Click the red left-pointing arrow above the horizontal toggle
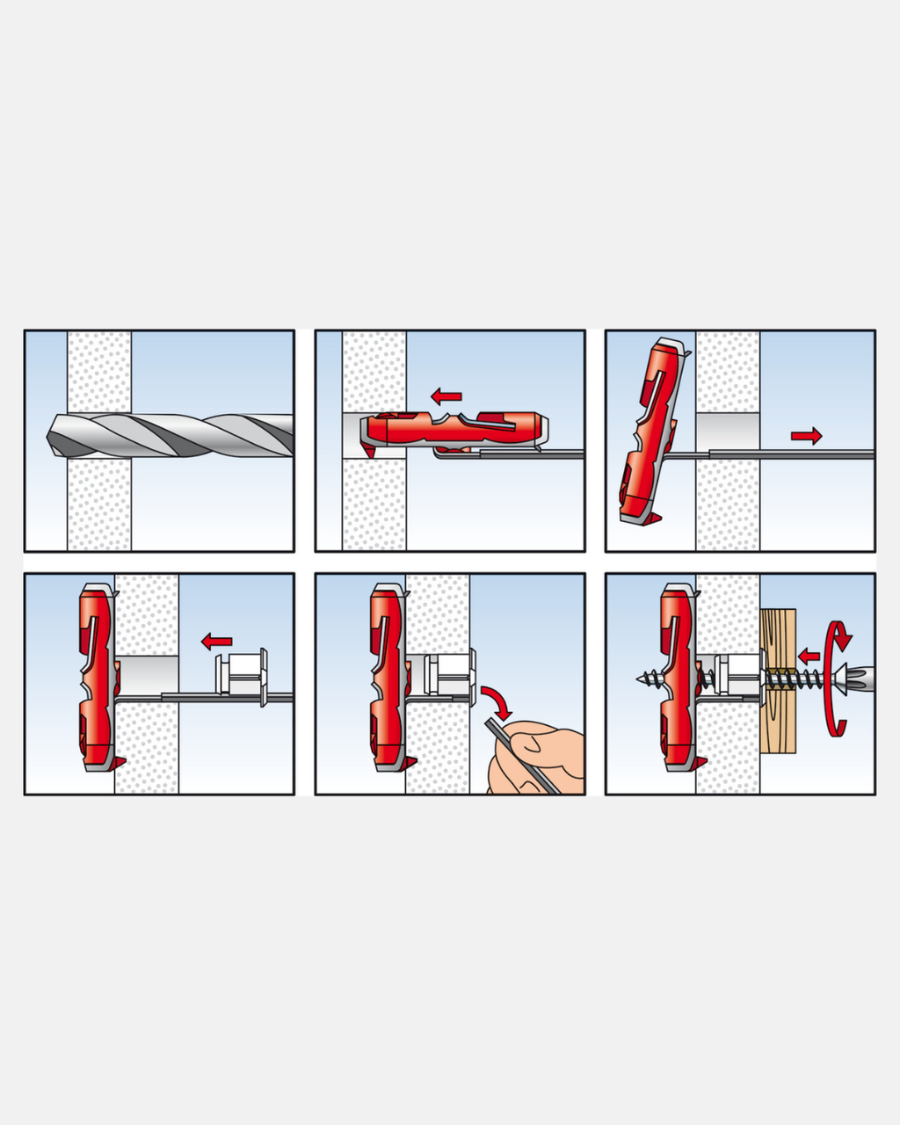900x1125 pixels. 446,396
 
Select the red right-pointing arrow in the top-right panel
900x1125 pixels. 806,434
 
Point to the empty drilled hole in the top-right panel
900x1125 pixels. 727,432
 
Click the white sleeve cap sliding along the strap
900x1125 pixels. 242,676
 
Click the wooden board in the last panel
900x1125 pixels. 778,681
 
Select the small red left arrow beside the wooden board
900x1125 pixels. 808,655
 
